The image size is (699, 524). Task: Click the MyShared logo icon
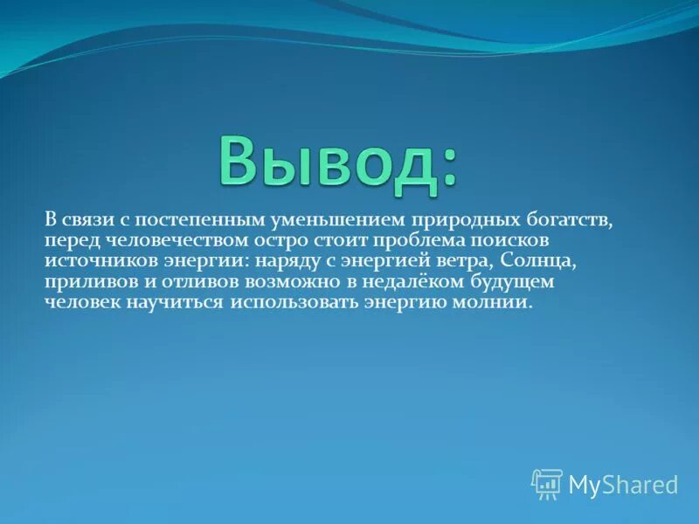547,483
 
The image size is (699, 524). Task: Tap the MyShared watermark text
623,484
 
